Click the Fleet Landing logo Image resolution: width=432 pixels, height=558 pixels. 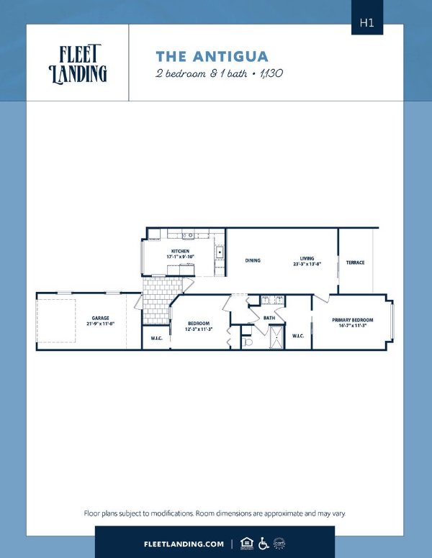pyautogui.click(x=78, y=63)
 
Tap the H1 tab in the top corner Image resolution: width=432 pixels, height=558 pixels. pyautogui.click(x=367, y=22)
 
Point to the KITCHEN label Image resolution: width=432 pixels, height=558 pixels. pyautogui.click(x=180, y=251)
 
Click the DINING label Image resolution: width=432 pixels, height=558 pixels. pyautogui.click(x=252, y=260)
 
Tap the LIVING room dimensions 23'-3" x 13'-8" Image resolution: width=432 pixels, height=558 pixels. pyautogui.click(x=307, y=265)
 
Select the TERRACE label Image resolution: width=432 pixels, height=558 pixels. pyautogui.click(x=355, y=262)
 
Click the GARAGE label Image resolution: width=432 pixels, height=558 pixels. pyautogui.click(x=100, y=317)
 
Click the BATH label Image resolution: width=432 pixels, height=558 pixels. pyautogui.click(x=269, y=318)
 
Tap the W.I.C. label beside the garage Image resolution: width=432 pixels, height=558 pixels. pyautogui.click(x=156, y=338)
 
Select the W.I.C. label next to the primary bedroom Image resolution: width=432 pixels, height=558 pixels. pyautogui.click(x=298, y=334)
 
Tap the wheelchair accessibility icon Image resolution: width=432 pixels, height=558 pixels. pyautogui.click(x=264, y=543)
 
